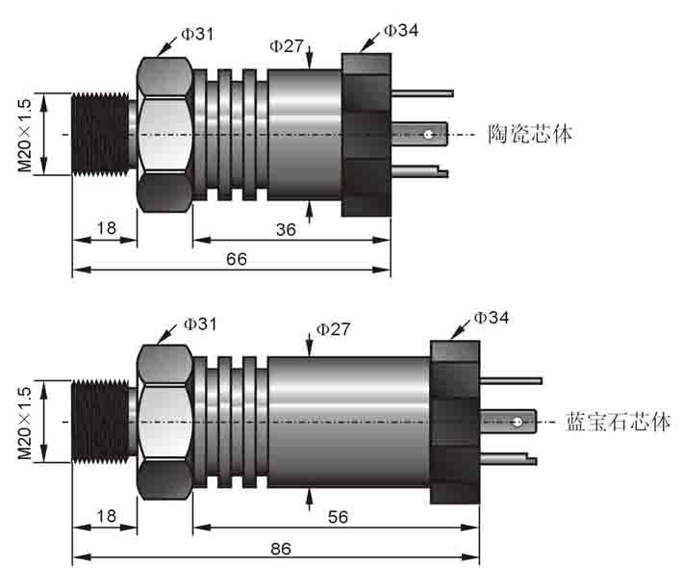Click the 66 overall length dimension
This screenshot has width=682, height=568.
tap(237, 259)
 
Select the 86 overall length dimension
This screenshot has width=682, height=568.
tap(281, 549)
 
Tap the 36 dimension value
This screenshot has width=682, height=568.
tap(286, 230)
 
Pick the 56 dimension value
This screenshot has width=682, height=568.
tap(338, 517)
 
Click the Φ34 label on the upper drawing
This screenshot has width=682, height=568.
tap(401, 31)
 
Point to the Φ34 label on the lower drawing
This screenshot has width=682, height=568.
tap(491, 318)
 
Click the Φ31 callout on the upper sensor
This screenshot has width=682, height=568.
tap(198, 34)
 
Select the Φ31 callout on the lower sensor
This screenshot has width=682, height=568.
tap(200, 324)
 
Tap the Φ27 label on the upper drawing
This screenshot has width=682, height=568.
tap(287, 45)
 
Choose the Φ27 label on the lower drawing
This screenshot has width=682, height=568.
tap(333, 329)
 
